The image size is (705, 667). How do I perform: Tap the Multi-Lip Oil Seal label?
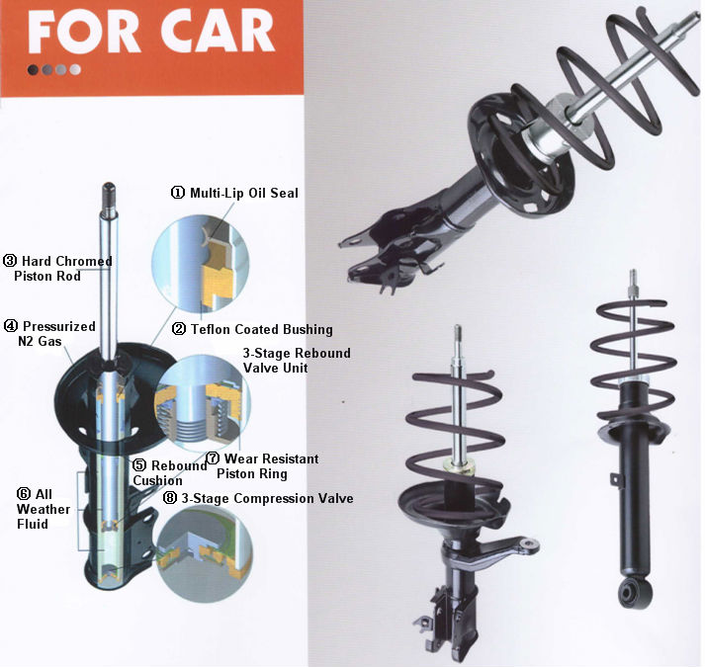click(x=242, y=193)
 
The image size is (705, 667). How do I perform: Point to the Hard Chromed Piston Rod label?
click(x=58, y=269)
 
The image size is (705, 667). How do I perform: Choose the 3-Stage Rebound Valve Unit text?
click(x=296, y=361)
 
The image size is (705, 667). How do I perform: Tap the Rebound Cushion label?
click(x=169, y=473)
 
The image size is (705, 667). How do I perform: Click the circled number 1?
click(x=178, y=193)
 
